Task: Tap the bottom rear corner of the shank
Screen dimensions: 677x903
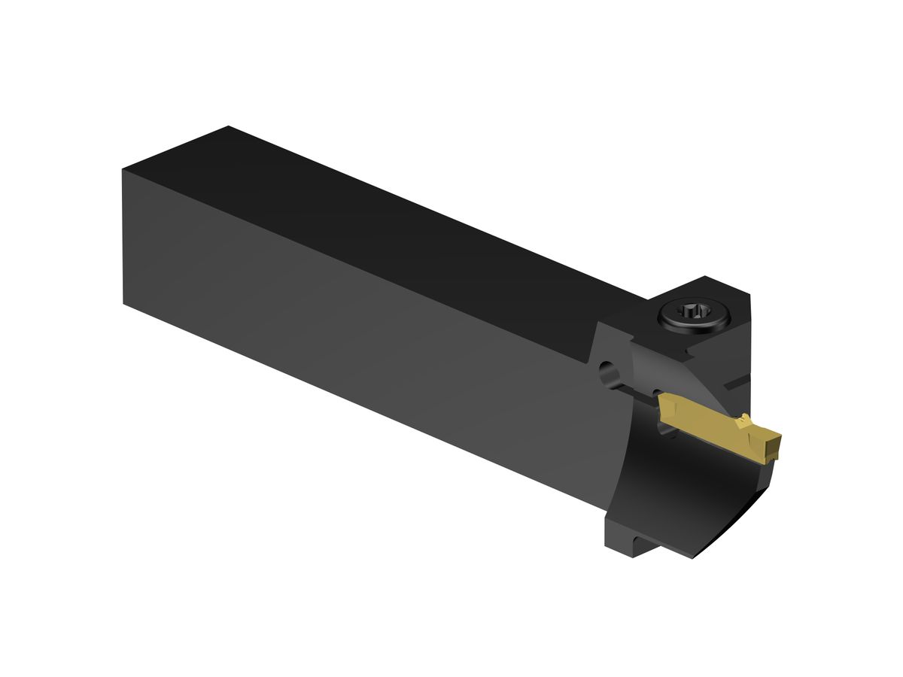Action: tap(124, 303)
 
